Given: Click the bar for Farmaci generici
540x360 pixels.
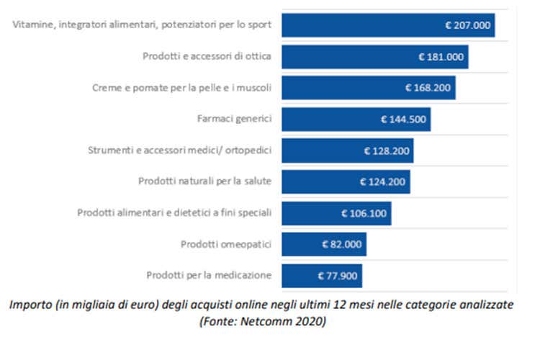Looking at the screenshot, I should coord(356,120).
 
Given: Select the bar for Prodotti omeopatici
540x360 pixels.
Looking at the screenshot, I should coord(323,244).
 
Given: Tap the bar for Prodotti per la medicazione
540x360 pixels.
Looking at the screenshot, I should coord(321,276).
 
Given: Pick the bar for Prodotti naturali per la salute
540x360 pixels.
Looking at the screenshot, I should coord(346,181).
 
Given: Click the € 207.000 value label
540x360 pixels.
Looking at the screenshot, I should coord(468,25).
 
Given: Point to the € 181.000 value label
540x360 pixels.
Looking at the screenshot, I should coord(441,56).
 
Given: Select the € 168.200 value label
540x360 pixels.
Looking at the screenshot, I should coord(428,88).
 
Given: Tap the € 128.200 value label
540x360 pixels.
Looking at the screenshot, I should coord(387,150).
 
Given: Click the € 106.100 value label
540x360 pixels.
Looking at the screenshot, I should coord(364,213).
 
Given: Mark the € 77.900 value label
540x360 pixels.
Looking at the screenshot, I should coord(337,276).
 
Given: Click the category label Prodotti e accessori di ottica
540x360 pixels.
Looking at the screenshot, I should coord(207,56).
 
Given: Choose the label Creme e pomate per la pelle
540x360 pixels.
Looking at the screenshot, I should coord(181,88).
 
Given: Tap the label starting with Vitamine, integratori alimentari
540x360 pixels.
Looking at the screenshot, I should coord(142,25).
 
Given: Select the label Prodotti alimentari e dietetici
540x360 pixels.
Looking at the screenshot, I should coord(174,213).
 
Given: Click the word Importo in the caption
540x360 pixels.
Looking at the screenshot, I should coord(30,305).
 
